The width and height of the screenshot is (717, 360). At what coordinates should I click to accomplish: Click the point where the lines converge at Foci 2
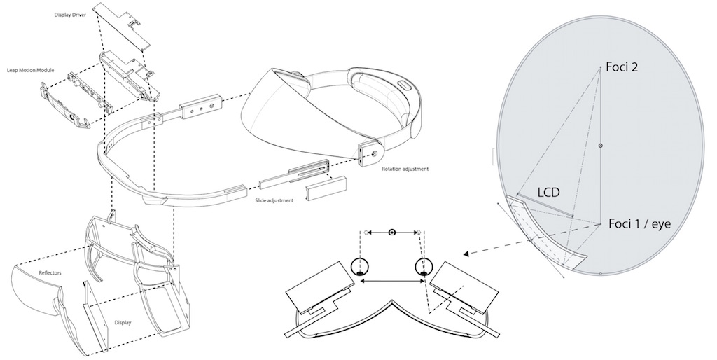[600, 67]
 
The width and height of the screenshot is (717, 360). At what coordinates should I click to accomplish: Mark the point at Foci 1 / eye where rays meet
[600, 223]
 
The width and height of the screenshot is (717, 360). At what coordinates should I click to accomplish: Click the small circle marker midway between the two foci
[600, 146]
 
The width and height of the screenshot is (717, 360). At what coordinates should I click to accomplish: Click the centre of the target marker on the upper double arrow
[392, 233]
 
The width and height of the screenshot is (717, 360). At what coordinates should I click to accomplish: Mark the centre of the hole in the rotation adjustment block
[375, 153]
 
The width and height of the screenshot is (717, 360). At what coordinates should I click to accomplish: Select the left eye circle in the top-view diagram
[360, 266]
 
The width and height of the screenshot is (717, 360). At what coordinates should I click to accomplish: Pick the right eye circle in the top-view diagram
[424, 266]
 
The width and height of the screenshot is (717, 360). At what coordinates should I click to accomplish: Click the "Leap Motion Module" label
[31, 71]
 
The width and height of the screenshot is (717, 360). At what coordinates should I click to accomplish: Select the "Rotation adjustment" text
[405, 169]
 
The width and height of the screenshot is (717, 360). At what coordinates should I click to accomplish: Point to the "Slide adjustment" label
[274, 200]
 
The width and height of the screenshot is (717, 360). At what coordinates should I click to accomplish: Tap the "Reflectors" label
[50, 273]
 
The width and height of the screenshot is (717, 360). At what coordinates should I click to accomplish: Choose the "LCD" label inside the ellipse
[548, 192]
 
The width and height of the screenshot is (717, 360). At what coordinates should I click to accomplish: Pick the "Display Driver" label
[67, 15]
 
